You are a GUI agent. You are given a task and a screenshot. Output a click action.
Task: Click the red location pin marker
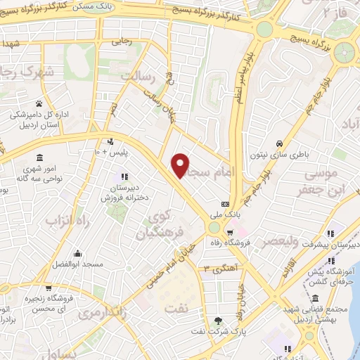(181, 165)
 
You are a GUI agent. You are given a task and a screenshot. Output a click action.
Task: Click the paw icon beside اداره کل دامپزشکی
(39, 104)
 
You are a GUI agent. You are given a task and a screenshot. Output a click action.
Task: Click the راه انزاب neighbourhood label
(70, 221)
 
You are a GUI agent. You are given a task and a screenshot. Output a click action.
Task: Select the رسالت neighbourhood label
(137, 75)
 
